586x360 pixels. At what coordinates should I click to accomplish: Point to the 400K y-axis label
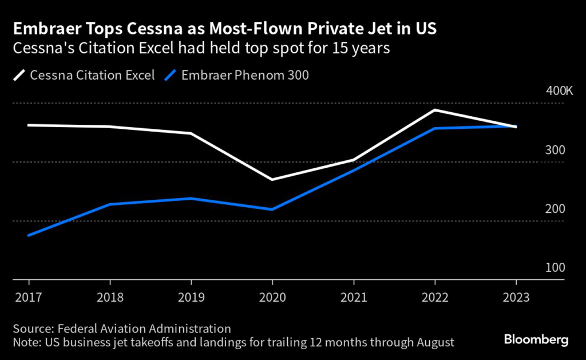click(552, 92)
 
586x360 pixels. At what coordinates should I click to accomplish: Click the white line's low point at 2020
click(272, 180)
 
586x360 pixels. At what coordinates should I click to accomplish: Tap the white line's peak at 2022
click(435, 110)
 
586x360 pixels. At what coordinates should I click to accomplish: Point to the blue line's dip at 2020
click(272, 209)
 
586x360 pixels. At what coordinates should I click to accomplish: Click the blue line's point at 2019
click(191, 199)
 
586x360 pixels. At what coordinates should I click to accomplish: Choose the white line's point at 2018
click(109, 126)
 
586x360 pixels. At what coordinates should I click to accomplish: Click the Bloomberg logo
click(536, 340)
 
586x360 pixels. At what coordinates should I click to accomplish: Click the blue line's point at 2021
click(354, 171)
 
